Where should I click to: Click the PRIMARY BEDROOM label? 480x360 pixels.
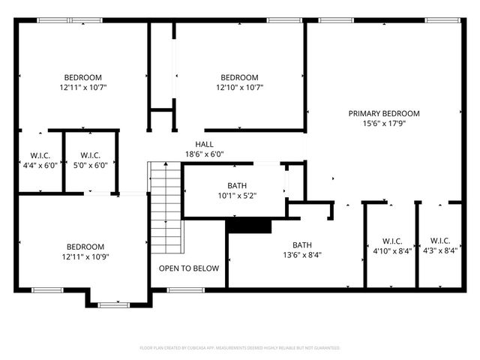(384, 113)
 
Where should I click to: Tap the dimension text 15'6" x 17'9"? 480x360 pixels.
(384, 124)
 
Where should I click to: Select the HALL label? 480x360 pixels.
(204, 144)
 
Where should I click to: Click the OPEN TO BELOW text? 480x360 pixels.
(188, 268)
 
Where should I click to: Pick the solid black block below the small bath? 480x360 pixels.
(248, 226)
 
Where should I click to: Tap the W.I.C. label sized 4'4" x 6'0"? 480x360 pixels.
(39, 156)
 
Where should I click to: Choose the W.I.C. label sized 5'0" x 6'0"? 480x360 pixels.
(90, 156)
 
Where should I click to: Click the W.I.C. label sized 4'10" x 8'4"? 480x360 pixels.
(392, 241)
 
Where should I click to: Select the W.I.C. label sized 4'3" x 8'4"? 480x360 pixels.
(439, 241)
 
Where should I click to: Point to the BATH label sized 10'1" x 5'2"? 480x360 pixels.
(237, 186)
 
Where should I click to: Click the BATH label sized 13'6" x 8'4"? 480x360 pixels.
(302, 245)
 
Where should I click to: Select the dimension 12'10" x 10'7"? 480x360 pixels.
(238, 88)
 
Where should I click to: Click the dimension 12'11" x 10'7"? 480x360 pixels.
(83, 88)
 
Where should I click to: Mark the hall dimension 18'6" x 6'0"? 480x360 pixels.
(204, 154)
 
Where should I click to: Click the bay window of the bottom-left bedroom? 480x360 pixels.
(114, 304)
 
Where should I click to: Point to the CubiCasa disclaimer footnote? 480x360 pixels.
(240, 348)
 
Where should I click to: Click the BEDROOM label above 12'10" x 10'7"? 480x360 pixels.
(238, 77)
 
